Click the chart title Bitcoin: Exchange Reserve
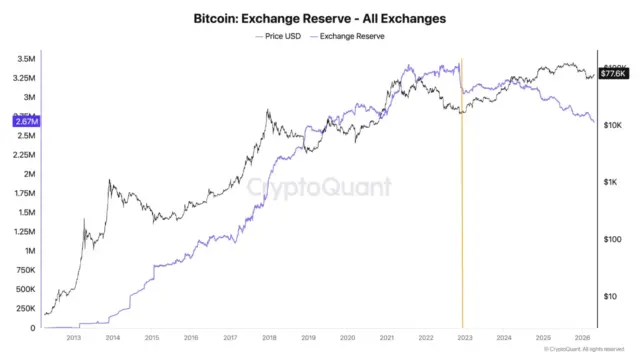(x=319, y=18)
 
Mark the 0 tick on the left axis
(x=32, y=327)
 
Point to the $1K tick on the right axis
(x=609, y=182)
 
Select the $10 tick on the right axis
(x=609, y=296)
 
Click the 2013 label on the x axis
(x=73, y=338)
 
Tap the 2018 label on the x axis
(x=269, y=338)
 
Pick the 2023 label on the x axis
(x=464, y=338)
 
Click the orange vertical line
(x=462, y=200)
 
